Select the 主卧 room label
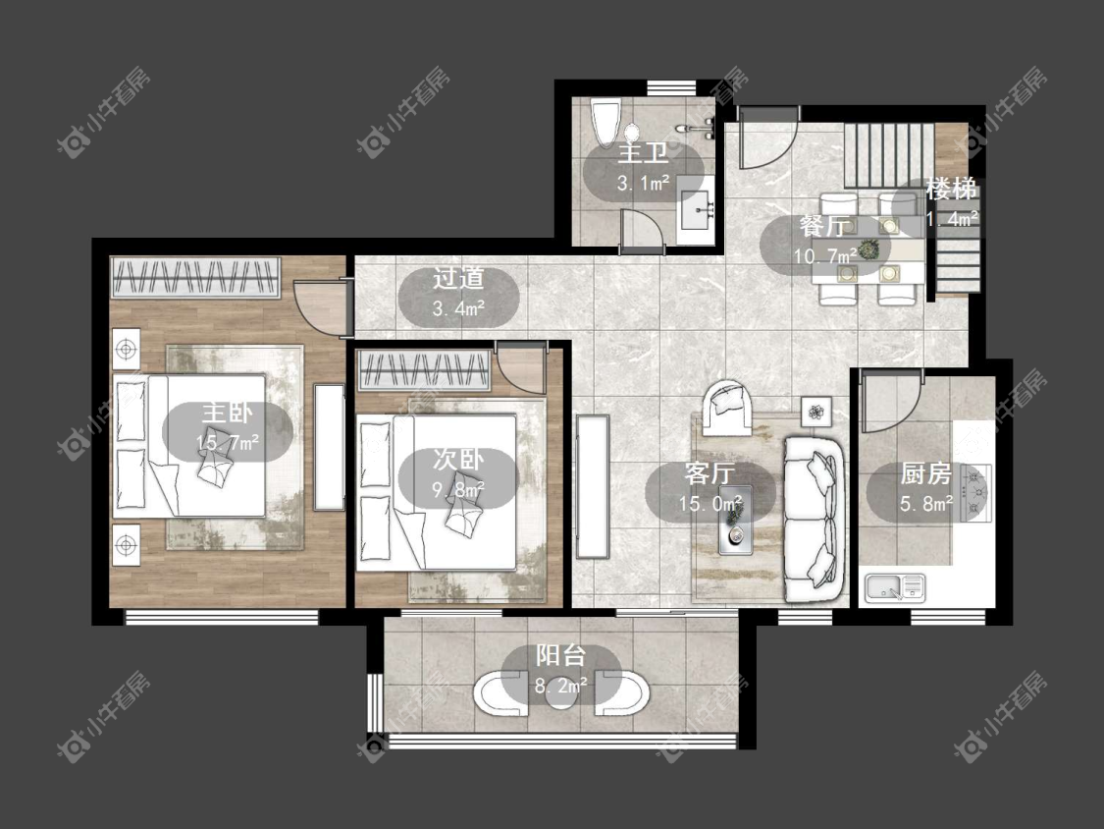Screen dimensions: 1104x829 [227, 414]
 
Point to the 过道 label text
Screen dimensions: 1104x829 [458, 278]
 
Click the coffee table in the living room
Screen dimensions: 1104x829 [735, 521]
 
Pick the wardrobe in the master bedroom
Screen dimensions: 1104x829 [195, 278]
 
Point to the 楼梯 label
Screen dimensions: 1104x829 [951, 189]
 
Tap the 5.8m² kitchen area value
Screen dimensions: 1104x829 [926, 503]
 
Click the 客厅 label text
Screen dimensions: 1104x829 [709, 473]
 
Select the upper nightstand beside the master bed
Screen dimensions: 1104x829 [126, 349]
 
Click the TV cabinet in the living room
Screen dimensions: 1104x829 [592, 487]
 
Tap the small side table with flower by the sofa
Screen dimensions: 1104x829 [816, 411]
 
